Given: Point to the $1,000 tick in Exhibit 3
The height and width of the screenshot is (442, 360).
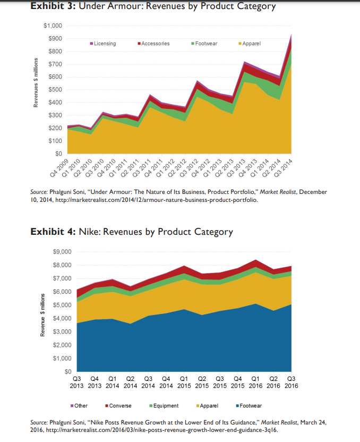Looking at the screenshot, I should coord(53,26).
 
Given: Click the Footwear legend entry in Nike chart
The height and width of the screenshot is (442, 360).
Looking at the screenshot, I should coord(251,405).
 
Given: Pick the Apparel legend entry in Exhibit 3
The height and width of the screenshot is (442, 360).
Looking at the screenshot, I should coord(251,44).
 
